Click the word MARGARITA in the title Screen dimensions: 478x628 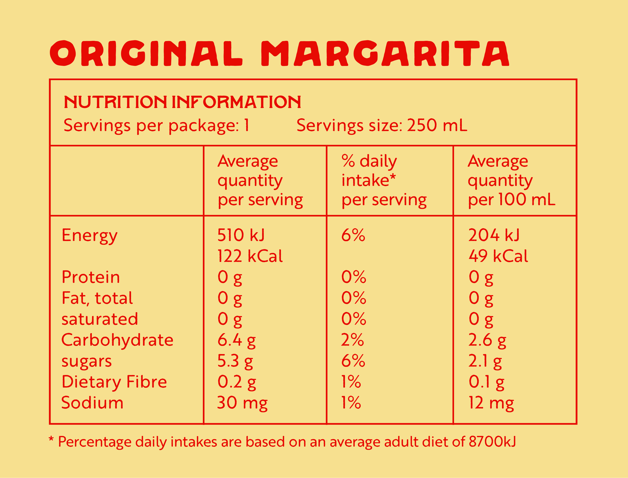click(x=385, y=53)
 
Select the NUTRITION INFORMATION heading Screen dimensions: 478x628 click(x=182, y=102)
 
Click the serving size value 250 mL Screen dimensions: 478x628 click(x=437, y=125)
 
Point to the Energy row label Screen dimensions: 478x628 click(x=89, y=236)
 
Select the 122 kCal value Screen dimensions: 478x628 click(x=250, y=256)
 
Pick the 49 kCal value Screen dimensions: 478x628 click(x=498, y=256)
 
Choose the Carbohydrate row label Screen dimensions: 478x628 click(x=117, y=340)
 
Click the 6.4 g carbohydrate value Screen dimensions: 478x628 click(x=236, y=340)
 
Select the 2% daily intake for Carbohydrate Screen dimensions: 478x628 click(x=352, y=340)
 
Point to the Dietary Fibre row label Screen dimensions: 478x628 click(x=114, y=382)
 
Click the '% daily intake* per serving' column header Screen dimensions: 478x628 click(x=384, y=181)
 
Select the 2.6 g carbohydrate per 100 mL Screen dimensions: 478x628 click(x=487, y=340)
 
